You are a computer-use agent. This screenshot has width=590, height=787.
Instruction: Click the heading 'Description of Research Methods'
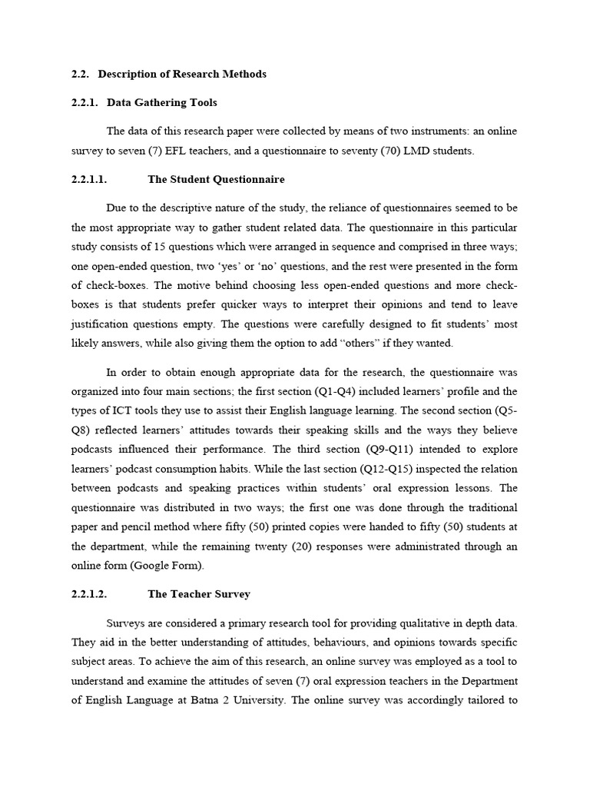[x=182, y=74]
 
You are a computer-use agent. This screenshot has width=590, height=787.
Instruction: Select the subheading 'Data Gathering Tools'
[x=162, y=102]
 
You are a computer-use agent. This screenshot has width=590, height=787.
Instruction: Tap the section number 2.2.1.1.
[x=88, y=179]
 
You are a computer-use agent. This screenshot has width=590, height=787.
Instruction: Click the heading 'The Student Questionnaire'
[x=216, y=179]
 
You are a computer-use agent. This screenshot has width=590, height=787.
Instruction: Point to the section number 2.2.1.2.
[x=88, y=594]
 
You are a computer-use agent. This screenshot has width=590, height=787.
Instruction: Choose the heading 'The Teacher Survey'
[x=199, y=594]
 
